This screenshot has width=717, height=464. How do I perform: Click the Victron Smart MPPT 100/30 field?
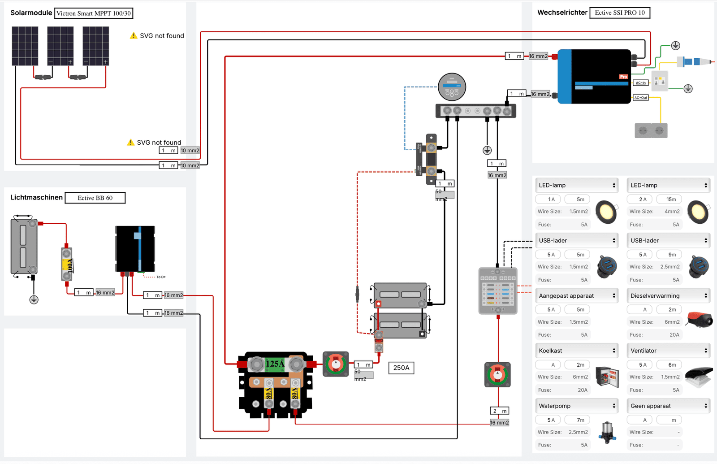(x=94, y=13)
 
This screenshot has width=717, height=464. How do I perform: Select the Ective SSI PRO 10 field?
(x=619, y=13)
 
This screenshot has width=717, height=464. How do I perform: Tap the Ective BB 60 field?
(x=95, y=198)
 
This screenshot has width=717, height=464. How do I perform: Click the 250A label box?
(x=401, y=368)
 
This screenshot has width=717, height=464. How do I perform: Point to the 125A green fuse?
(x=275, y=364)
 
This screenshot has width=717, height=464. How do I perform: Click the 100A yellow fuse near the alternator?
(x=67, y=265)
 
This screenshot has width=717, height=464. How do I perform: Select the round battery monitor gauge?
(x=452, y=87)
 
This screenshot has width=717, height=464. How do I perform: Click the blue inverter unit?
(x=594, y=77)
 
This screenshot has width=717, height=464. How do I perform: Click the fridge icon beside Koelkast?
(x=607, y=376)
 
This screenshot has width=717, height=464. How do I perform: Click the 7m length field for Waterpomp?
(x=580, y=420)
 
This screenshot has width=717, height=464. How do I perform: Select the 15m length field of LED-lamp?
(x=671, y=199)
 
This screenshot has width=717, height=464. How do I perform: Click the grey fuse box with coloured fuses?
(x=498, y=291)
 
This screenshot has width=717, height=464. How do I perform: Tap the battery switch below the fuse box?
(x=497, y=374)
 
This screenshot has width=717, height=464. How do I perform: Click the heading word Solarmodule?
(x=31, y=13)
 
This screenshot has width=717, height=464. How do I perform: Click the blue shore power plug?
(x=692, y=61)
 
